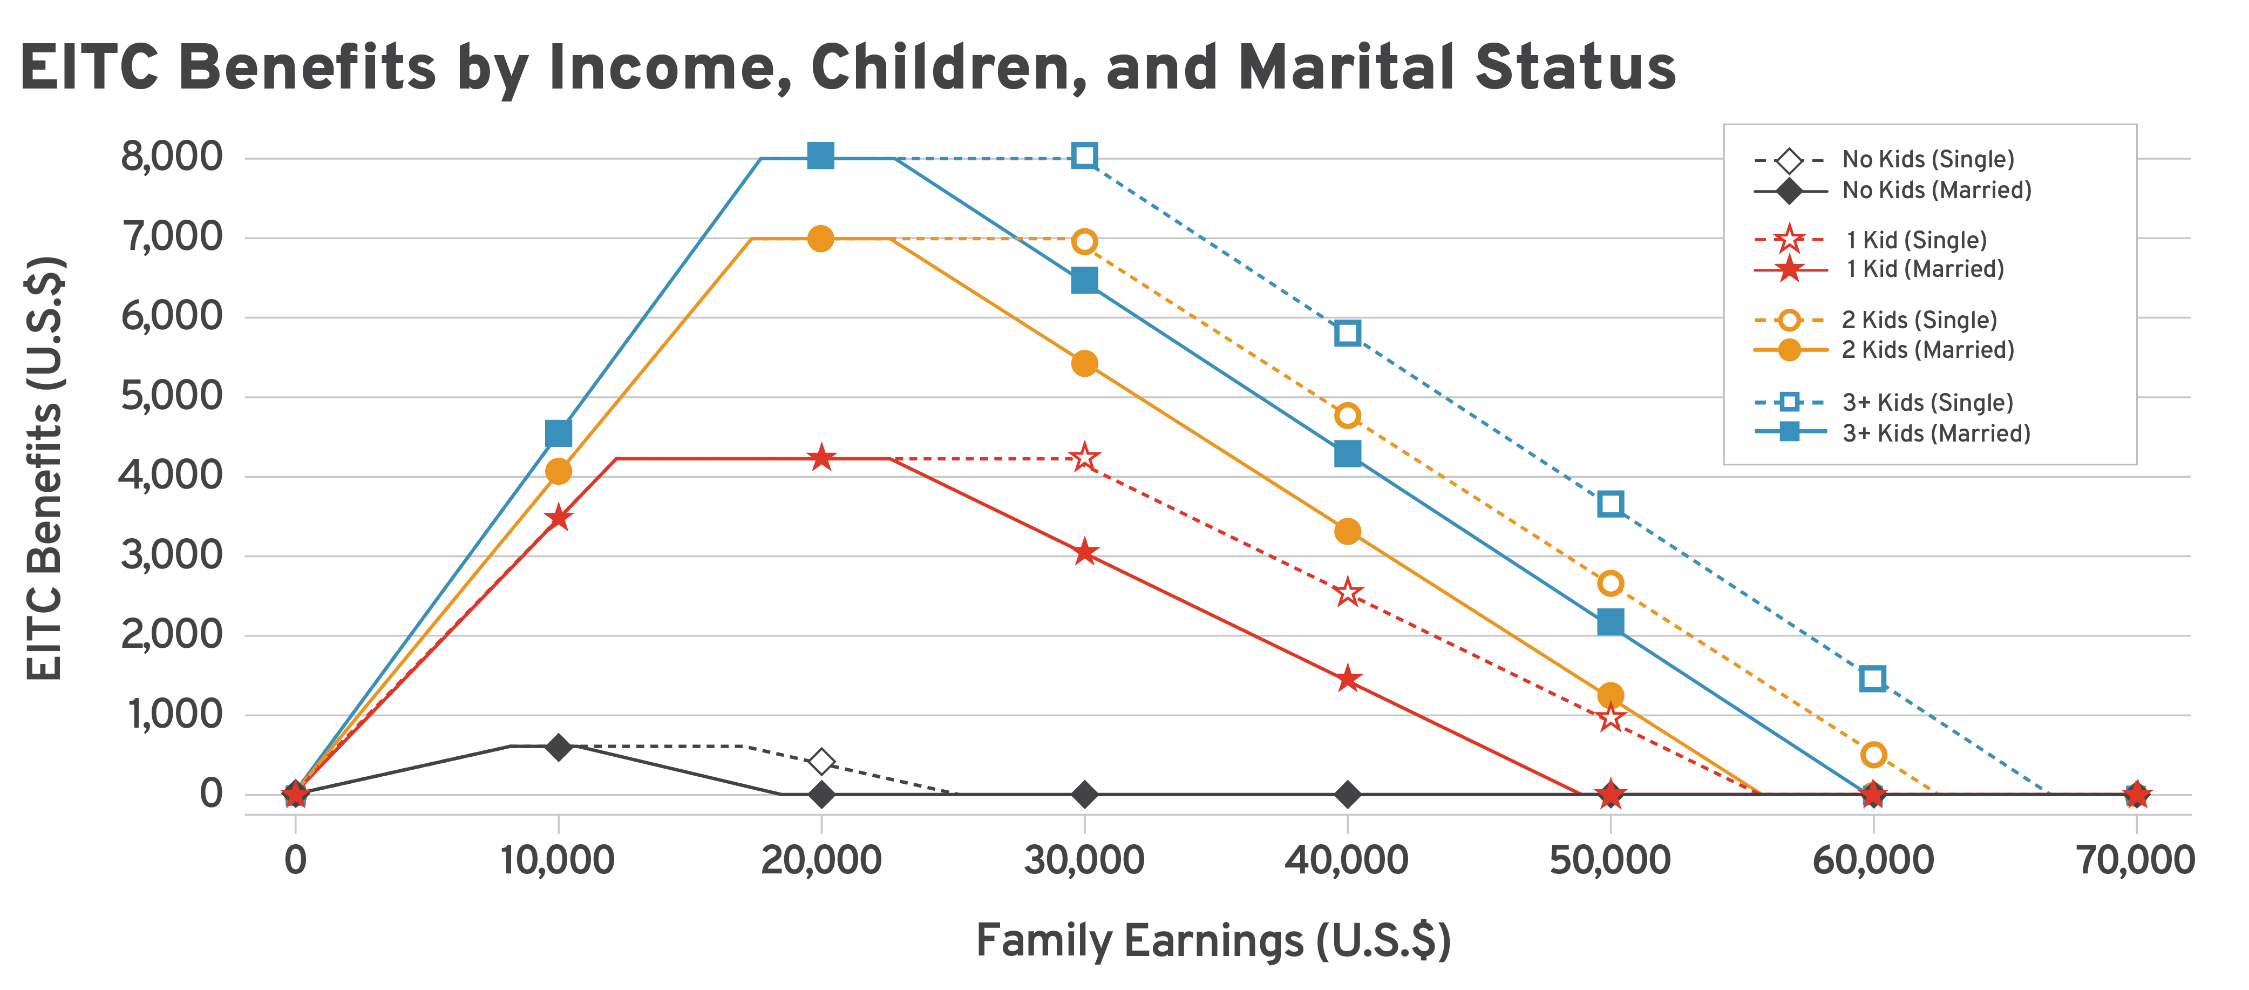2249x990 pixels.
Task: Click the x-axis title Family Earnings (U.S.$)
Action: click(x=1213, y=941)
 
